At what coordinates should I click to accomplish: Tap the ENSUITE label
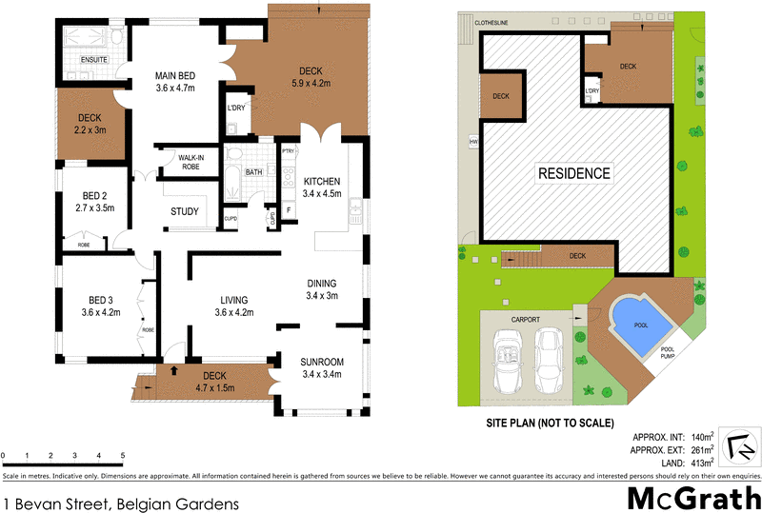(x=93, y=60)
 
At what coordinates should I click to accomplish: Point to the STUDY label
(x=185, y=211)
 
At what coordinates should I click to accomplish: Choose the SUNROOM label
(x=322, y=362)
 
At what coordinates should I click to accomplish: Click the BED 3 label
(x=100, y=299)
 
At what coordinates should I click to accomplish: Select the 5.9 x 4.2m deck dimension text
(x=310, y=83)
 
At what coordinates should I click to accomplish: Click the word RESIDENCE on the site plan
(x=575, y=173)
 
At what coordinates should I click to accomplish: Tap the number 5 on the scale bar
(x=123, y=456)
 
